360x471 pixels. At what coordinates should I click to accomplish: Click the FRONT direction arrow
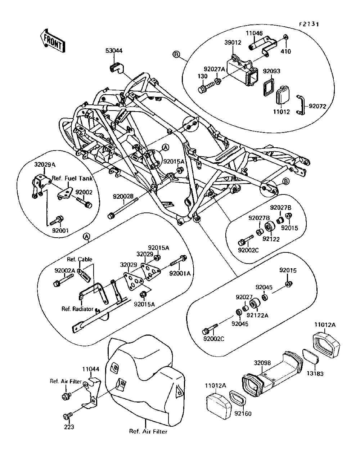[x=53, y=41]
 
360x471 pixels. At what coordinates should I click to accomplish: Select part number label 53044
[x=114, y=51]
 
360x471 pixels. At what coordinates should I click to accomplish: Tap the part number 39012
[x=233, y=42]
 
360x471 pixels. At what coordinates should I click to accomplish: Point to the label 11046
[x=254, y=33]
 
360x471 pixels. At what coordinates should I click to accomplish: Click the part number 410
[x=286, y=51]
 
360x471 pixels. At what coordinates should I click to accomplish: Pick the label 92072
[x=317, y=106]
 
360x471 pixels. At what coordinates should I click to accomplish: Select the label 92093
[x=271, y=71]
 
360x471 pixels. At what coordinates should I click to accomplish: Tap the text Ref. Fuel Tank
[x=72, y=178]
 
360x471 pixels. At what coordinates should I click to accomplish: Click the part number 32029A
[x=45, y=165]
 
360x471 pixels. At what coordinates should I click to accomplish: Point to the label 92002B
[x=123, y=196]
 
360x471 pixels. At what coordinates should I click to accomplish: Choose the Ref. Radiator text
[x=77, y=309]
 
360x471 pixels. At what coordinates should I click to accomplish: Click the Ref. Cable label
[x=80, y=259]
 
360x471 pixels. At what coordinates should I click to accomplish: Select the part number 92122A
[x=257, y=315]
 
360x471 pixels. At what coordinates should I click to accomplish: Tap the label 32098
[x=262, y=363]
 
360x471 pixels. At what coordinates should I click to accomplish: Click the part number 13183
[x=315, y=373]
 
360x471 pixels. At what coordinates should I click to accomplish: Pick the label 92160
[x=243, y=413]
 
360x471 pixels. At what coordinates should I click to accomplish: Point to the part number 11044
[x=91, y=369]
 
